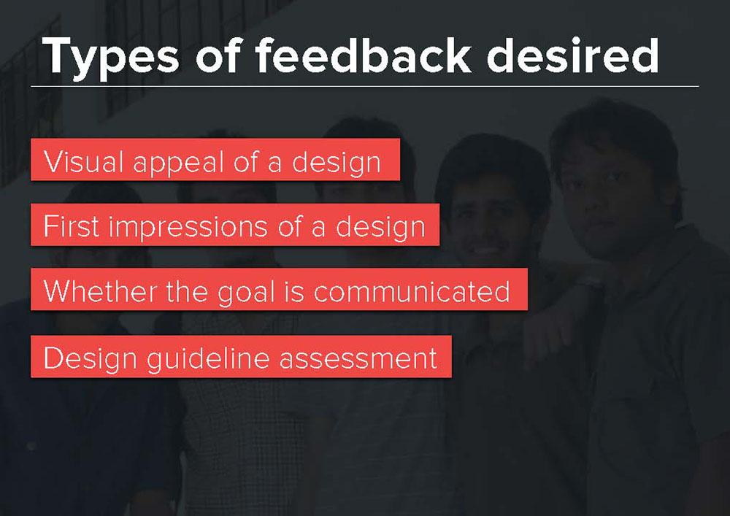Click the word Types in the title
[x=111, y=57]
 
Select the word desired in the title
[x=572, y=55]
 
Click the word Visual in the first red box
[x=84, y=161]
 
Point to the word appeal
[x=179, y=163]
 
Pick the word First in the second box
[x=72, y=226]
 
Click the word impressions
[x=188, y=228]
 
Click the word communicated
[x=412, y=291]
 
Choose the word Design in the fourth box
[x=90, y=359]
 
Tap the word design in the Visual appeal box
[x=336, y=163]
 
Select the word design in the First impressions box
[x=380, y=228]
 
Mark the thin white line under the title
[x=364, y=87]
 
